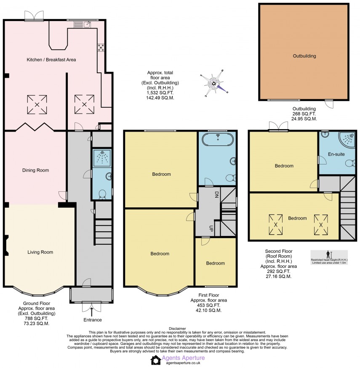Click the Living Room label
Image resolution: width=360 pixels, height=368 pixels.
click(x=40, y=252)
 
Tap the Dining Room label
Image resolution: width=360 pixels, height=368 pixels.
click(x=36, y=170)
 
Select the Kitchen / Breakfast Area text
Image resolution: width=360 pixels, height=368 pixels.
click(x=51, y=60)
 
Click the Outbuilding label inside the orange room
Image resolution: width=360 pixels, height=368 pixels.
click(x=304, y=56)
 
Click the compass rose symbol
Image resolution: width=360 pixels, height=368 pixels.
click(x=215, y=83)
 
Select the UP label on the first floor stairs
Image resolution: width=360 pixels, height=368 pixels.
click(x=211, y=228)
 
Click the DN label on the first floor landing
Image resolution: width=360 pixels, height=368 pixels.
click(x=216, y=195)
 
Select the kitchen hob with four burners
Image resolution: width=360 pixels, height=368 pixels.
click(x=101, y=48)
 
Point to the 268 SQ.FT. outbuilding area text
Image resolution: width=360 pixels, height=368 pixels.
click(x=304, y=114)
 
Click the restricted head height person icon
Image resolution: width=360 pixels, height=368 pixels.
click(x=329, y=254)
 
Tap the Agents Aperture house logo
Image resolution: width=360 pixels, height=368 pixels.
click(x=156, y=360)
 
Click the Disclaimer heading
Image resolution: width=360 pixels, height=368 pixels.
click(x=177, y=328)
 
